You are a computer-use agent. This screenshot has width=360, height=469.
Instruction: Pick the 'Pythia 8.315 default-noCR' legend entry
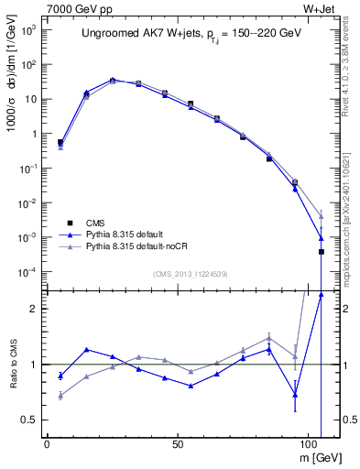coord(146,247)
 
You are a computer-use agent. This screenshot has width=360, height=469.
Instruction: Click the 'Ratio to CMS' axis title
coord(14,364)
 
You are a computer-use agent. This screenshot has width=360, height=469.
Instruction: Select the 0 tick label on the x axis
coord(47,443)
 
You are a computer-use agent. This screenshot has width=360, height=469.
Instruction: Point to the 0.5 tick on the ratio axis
coord(29,420)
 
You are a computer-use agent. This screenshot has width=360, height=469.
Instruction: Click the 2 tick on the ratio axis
coord(34,309)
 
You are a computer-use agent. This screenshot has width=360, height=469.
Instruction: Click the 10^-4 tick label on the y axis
coord(28,272)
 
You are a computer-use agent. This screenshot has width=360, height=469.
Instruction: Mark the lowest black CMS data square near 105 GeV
coord(321,251)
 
